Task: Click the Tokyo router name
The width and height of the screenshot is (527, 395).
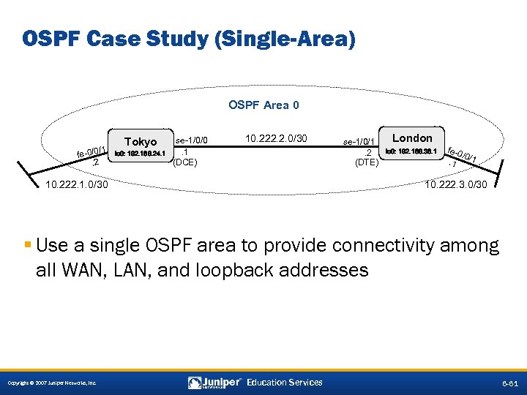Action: point(141,141)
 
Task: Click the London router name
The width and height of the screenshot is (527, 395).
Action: point(412,138)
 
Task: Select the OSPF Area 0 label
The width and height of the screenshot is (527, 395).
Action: point(263,105)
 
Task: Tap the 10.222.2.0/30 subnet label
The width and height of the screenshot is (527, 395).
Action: point(277,138)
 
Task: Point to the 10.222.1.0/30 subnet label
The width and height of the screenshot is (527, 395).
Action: point(76,186)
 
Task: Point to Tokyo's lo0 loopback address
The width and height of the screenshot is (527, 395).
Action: point(140,154)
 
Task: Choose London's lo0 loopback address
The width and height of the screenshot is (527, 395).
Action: point(411,151)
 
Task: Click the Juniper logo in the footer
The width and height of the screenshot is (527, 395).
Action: point(214,382)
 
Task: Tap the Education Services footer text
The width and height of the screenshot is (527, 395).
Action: point(284,382)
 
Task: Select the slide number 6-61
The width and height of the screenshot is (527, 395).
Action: point(509,383)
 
